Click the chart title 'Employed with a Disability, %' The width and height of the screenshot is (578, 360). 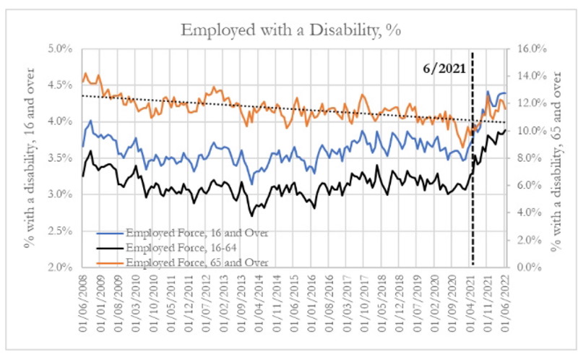click(289, 30)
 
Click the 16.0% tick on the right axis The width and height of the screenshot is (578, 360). click(524, 48)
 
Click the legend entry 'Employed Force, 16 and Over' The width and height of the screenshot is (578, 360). click(188, 232)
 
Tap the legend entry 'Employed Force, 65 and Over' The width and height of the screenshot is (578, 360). click(189, 261)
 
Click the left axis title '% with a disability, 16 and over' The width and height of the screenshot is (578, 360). click(30, 158)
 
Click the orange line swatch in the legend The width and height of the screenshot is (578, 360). click(111, 262)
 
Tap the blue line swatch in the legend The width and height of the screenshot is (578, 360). click(111, 233)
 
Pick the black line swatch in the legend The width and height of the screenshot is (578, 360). click(111, 248)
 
